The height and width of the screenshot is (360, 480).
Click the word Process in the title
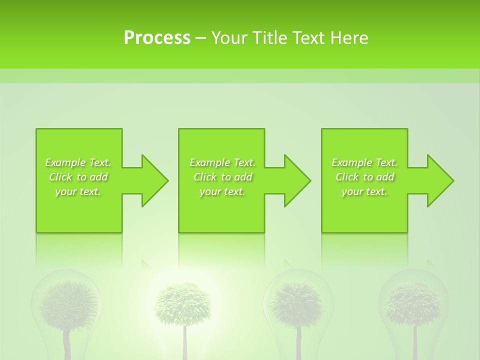point(157,37)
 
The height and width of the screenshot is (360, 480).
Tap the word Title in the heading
point(270,37)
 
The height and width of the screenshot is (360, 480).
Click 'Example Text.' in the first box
point(78,162)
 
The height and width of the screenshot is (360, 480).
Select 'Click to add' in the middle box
point(222,177)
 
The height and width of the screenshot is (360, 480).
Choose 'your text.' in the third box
point(364,191)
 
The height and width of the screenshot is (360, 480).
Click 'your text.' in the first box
point(78,191)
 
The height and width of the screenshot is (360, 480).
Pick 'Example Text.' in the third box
point(364,162)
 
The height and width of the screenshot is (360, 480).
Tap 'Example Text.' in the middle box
point(222,162)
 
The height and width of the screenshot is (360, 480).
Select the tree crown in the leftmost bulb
point(68,302)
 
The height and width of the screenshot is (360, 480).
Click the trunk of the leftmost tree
point(67,345)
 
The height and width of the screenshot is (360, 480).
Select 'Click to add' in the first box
point(78,177)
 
